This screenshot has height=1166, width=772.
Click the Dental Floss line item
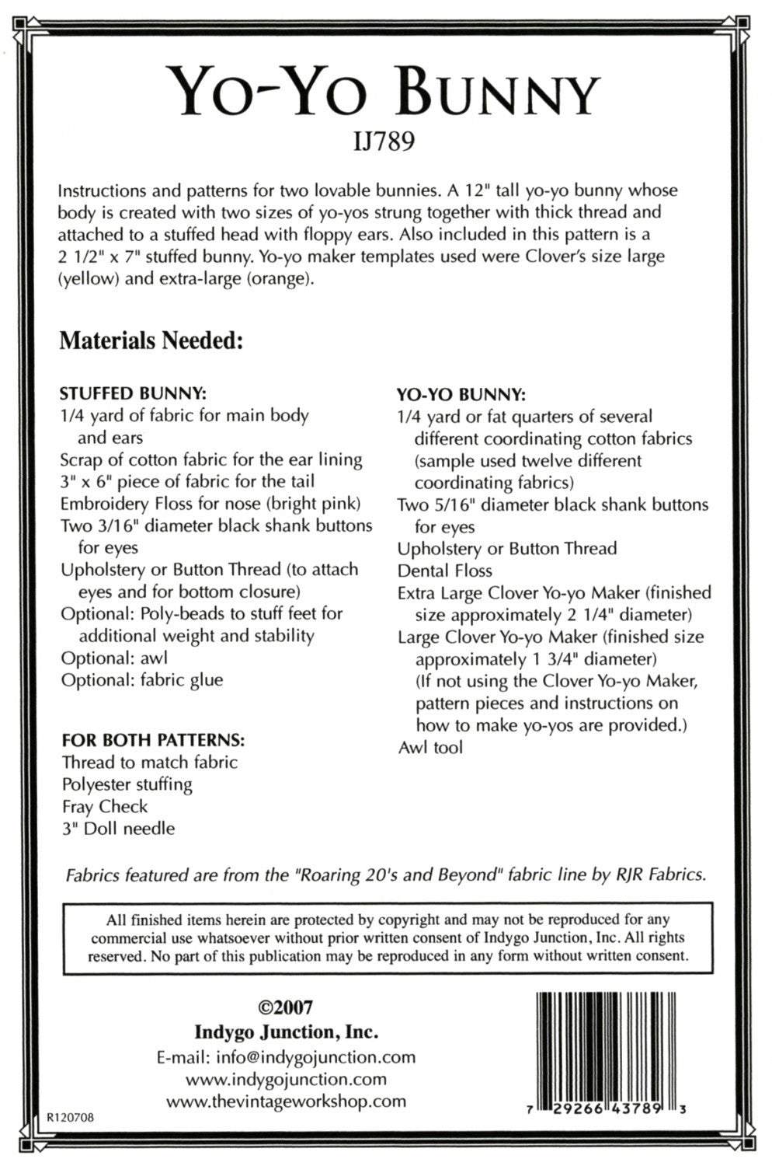[x=445, y=571]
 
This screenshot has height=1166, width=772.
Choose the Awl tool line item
[x=430, y=748]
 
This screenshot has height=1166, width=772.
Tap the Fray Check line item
[x=105, y=806]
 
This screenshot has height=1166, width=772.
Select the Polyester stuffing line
[x=127, y=784]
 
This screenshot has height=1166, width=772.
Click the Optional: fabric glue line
[x=142, y=679]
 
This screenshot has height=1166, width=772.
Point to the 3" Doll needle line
[x=119, y=828]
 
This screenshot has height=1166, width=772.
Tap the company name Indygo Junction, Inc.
[x=286, y=1032]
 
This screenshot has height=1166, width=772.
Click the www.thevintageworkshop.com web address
[x=286, y=1101]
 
